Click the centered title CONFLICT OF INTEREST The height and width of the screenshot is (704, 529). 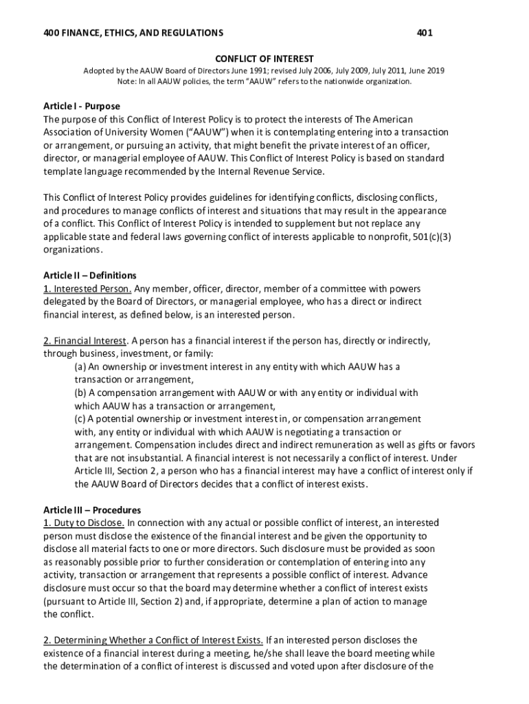[264, 58]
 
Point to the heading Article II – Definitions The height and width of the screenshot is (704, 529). [90, 276]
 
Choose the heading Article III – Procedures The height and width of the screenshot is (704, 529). [92, 510]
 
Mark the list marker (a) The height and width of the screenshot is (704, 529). [80, 367]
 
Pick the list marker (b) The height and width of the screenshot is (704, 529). [81, 393]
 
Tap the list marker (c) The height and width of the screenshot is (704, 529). [80, 419]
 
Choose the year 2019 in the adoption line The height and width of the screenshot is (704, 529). [435, 70]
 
